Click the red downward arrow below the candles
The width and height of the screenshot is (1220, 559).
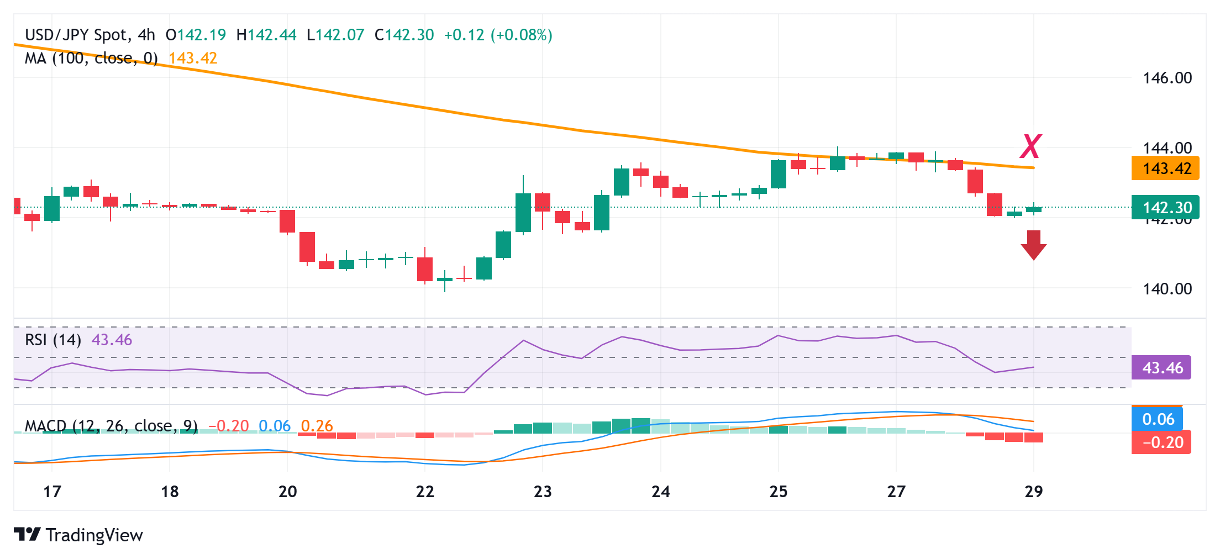tap(1033, 245)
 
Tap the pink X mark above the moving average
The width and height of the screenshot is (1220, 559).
tap(1030, 146)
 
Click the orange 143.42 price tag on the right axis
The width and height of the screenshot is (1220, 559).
tap(1165, 168)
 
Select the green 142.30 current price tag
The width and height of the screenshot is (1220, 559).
tap(1165, 208)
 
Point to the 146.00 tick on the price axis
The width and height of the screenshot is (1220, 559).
tap(1167, 78)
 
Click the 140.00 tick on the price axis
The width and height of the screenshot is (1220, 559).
tap(1167, 289)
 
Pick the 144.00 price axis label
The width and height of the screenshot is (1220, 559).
tap(1167, 147)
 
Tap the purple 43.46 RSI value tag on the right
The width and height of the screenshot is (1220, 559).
tap(1161, 368)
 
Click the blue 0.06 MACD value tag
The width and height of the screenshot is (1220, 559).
tap(1158, 419)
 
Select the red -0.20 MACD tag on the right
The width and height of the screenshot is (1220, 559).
tap(1161, 442)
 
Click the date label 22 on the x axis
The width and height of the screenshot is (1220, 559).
tap(425, 492)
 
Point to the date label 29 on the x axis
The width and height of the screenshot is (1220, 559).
tap(1033, 492)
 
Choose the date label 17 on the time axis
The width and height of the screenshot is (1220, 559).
tap(52, 492)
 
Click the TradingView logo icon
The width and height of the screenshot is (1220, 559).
tap(27, 535)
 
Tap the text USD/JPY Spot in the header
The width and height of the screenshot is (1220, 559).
tap(76, 35)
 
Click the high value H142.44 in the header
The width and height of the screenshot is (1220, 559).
tap(266, 35)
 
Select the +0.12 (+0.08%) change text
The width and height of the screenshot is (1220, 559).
tap(498, 35)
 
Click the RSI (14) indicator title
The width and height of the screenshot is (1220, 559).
tap(53, 340)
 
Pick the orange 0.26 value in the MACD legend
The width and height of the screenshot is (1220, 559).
tap(317, 426)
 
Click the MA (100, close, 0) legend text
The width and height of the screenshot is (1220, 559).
tap(91, 58)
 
